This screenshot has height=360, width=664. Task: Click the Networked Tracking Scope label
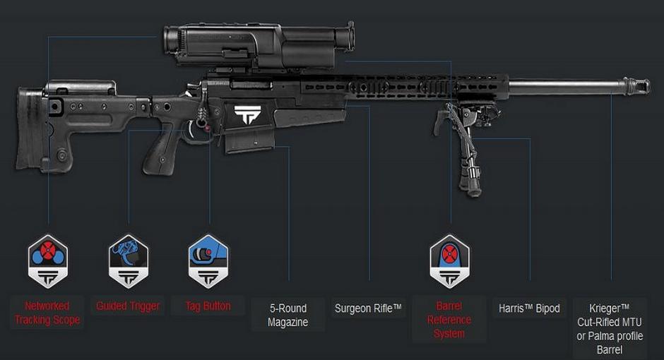pos(47,313)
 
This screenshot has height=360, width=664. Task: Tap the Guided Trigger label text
pos(128,306)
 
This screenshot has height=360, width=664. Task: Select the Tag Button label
pos(208,306)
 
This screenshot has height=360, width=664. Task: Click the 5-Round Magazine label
pos(288,315)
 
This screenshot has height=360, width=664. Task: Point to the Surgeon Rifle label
pos(367,308)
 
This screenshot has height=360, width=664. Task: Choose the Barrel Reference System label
pos(449,320)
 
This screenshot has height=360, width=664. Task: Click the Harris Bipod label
pos(529,308)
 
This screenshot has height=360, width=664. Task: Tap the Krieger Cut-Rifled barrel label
pos(610,329)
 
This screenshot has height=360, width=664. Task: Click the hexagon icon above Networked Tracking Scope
pos(48,262)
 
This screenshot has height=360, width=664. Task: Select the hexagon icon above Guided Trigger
pos(128,262)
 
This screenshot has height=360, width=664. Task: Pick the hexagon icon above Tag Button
pos(208,262)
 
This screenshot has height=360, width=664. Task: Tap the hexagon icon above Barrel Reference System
pos(449,262)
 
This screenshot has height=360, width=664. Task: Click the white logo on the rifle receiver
pos(247,114)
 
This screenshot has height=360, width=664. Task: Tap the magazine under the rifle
pos(249,141)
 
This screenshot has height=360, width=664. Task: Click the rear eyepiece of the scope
pos(171,41)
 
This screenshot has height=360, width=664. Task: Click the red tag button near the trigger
pos(207,127)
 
